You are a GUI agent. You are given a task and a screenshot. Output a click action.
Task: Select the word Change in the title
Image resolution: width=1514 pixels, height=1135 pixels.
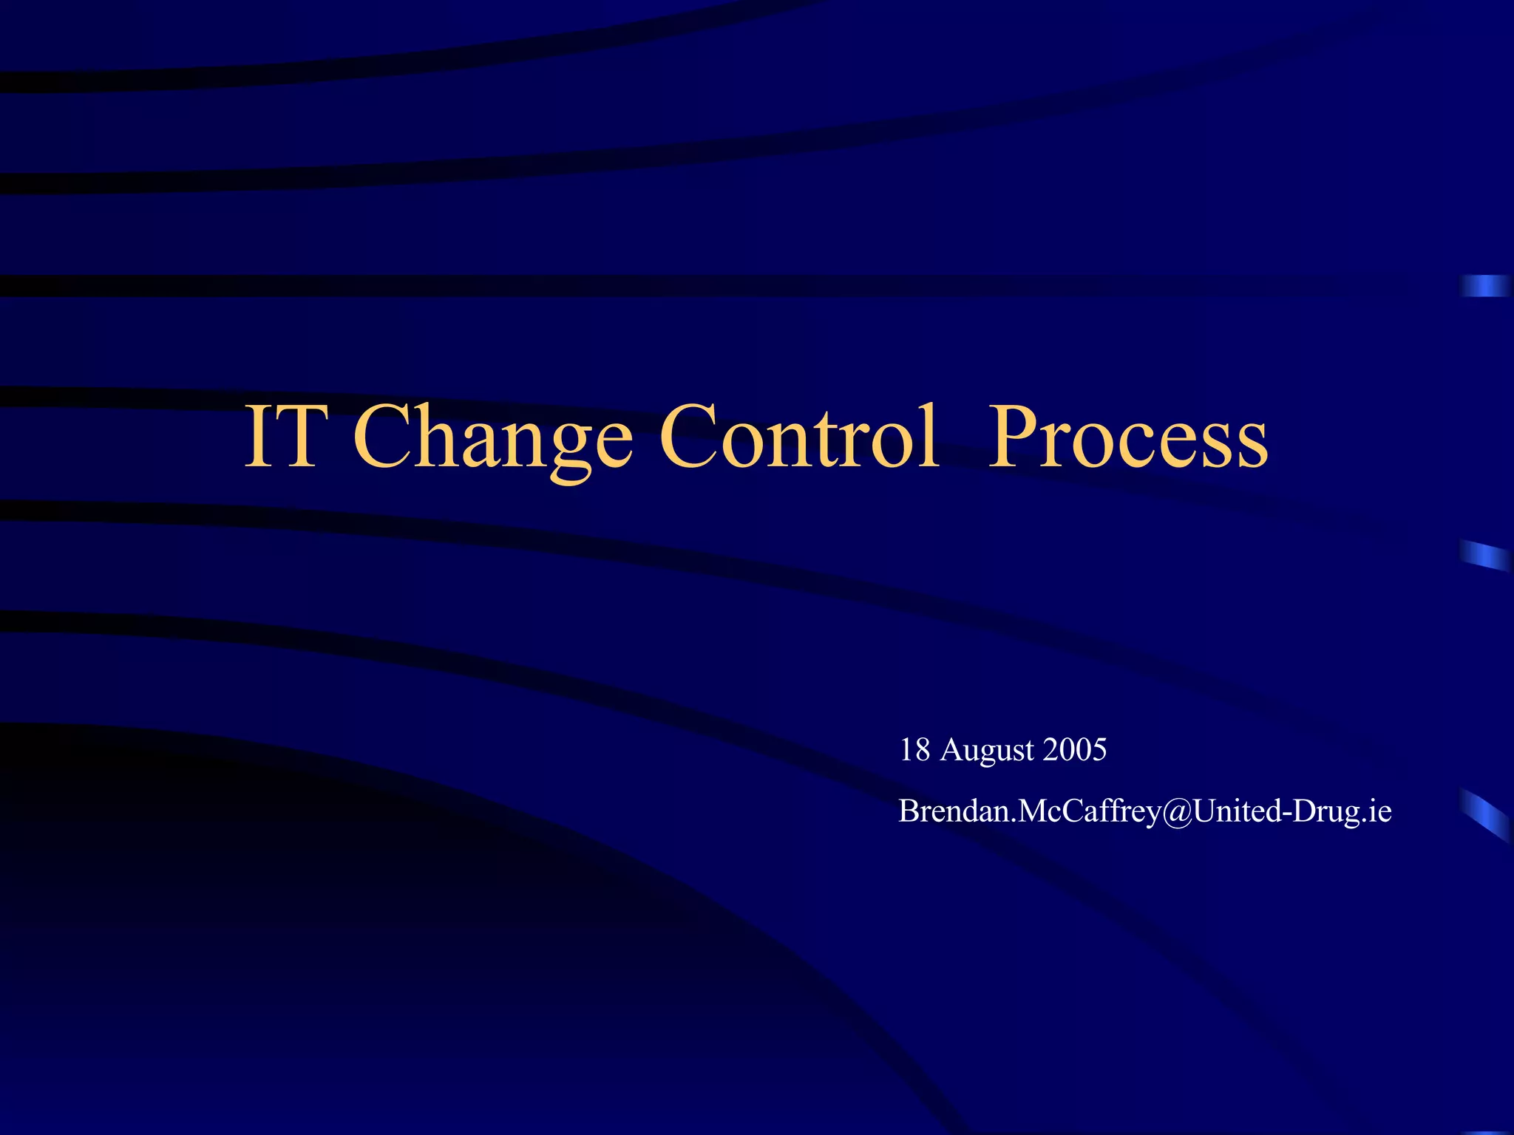point(493,437)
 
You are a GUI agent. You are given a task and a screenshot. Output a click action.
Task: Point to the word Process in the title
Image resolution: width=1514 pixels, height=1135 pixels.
point(1128,437)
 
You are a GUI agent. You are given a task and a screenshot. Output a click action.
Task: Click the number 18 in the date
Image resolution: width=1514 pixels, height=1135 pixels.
point(914,750)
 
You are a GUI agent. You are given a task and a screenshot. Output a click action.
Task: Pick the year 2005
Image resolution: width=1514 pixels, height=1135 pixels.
point(1075,750)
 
